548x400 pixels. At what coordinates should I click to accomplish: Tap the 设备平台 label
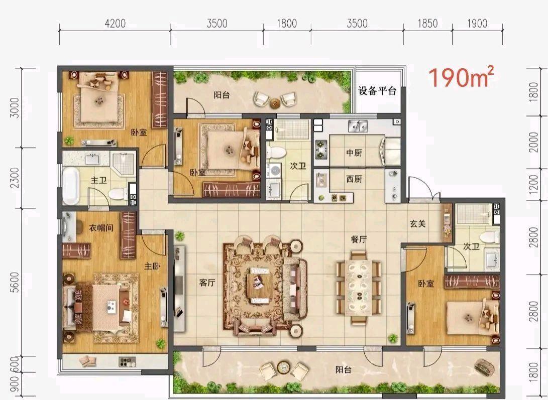pyautogui.click(x=377, y=91)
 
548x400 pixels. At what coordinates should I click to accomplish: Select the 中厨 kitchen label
pyautogui.click(x=354, y=153)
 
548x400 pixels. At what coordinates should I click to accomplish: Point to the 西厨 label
pyautogui.click(x=354, y=179)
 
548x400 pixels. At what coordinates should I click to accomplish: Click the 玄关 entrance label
pyautogui.click(x=417, y=223)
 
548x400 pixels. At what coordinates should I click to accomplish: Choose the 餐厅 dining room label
pyautogui.click(x=359, y=240)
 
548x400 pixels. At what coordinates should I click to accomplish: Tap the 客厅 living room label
pyautogui.click(x=207, y=283)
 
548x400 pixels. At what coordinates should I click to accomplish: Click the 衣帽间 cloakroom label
pyautogui.click(x=101, y=228)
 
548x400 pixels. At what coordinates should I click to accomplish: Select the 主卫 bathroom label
pyautogui.click(x=98, y=180)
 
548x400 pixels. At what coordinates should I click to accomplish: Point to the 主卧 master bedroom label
pyautogui.click(x=152, y=266)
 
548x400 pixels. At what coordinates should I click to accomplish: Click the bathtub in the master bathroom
pyautogui.click(x=71, y=186)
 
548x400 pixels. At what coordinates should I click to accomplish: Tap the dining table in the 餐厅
pyautogui.click(x=359, y=288)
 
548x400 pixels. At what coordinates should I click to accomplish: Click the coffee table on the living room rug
pyautogui.click(x=260, y=283)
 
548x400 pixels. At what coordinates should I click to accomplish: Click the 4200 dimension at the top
pyautogui.click(x=115, y=24)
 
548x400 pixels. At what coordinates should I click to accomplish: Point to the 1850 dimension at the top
pyautogui.click(x=428, y=24)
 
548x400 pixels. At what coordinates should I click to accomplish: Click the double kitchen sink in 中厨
pyautogui.click(x=358, y=126)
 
